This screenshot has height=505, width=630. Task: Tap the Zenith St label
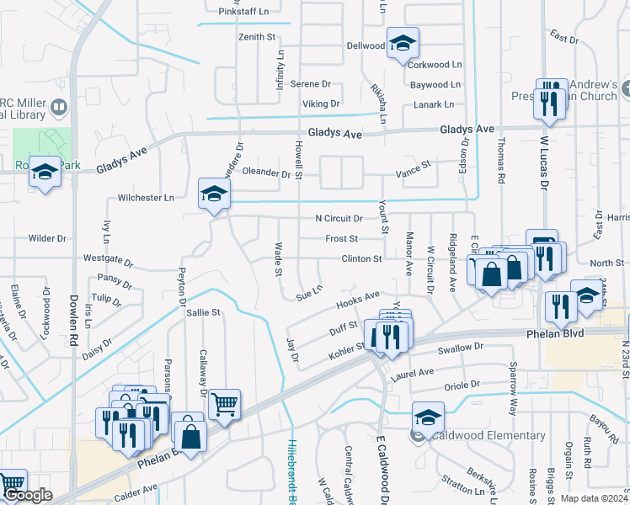[x=258, y=37]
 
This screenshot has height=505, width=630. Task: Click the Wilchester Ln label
[x=146, y=198]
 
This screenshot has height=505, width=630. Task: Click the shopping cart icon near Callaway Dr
[x=224, y=404]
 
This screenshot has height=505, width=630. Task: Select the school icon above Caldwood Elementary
[x=428, y=417]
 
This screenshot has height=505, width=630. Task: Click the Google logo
[x=28, y=496]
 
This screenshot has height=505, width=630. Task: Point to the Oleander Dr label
[x=266, y=174]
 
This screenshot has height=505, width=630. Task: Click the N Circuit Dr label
[x=339, y=218]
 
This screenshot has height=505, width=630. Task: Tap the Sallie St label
[x=203, y=311]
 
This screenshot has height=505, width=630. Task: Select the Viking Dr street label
[x=321, y=104]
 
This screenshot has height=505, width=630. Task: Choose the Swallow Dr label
[x=460, y=347]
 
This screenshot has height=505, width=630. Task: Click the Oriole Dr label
[x=462, y=384]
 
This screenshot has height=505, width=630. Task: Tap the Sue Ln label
[x=309, y=292]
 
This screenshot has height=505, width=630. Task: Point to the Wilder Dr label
[x=46, y=237]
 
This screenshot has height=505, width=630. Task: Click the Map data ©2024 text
[x=595, y=498]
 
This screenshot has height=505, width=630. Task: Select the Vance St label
[x=414, y=169]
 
